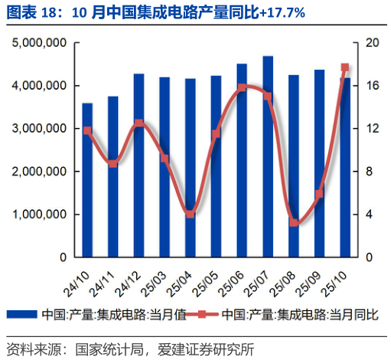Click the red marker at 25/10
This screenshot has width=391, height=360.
coord(344,67)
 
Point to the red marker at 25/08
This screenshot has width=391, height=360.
coord(293,223)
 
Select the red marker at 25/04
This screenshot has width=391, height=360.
coord(190,214)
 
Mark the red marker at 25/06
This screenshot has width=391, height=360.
coord(242,87)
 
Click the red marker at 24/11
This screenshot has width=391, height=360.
coord(113,163)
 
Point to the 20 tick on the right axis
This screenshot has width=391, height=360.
coord(371,44)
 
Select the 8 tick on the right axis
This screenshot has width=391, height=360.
coord(368,172)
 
